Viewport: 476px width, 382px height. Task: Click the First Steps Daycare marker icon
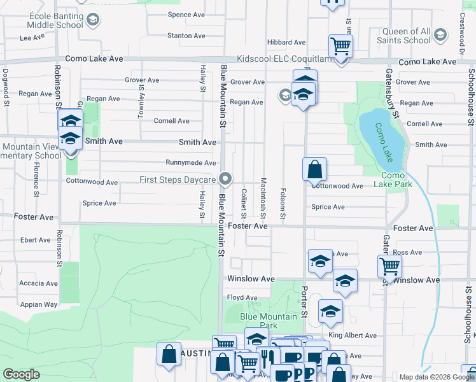225,179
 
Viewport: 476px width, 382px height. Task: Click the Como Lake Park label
396,180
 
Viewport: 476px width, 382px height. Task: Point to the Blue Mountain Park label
268,320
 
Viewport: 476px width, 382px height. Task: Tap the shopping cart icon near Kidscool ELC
340,46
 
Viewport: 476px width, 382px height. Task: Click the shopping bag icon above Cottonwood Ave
314,169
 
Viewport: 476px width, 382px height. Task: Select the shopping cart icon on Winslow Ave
389,266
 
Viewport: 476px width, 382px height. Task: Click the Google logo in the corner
21,374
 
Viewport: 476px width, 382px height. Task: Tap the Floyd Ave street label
242,297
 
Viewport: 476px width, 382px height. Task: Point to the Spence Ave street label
186,15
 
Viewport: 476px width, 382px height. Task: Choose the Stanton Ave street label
186,36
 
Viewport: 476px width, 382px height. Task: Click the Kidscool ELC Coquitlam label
284,59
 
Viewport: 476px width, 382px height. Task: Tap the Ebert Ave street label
35,240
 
